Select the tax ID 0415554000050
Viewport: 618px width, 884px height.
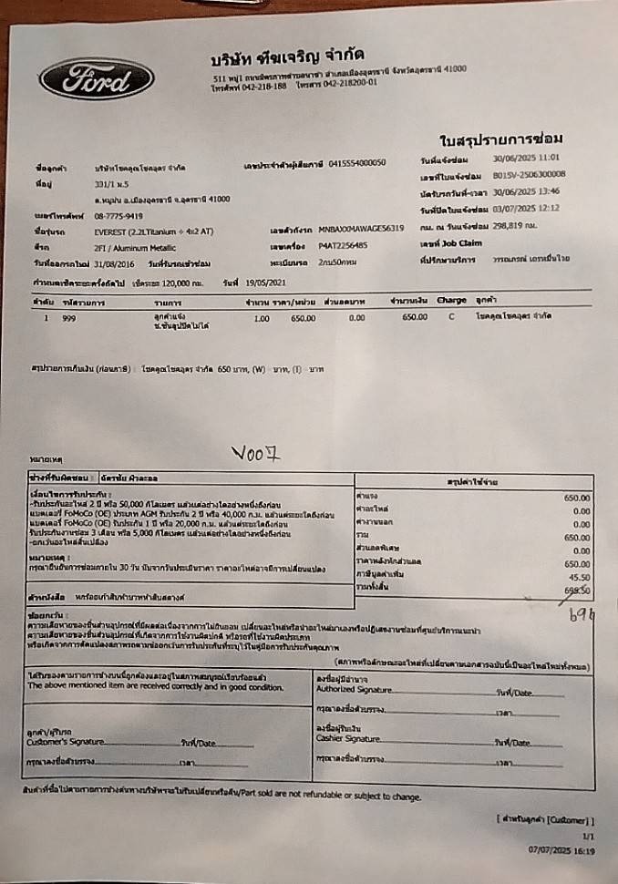point(357,162)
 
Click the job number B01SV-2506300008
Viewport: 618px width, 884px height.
point(529,173)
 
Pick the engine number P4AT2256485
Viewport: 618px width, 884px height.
point(344,245)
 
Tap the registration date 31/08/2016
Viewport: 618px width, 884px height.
point(112,262)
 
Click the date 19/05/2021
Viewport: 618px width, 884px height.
point(265,283)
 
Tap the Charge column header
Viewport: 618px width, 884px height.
point(451,300)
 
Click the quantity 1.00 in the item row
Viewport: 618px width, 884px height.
point(262,318)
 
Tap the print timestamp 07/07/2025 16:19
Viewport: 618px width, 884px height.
point(561,848)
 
